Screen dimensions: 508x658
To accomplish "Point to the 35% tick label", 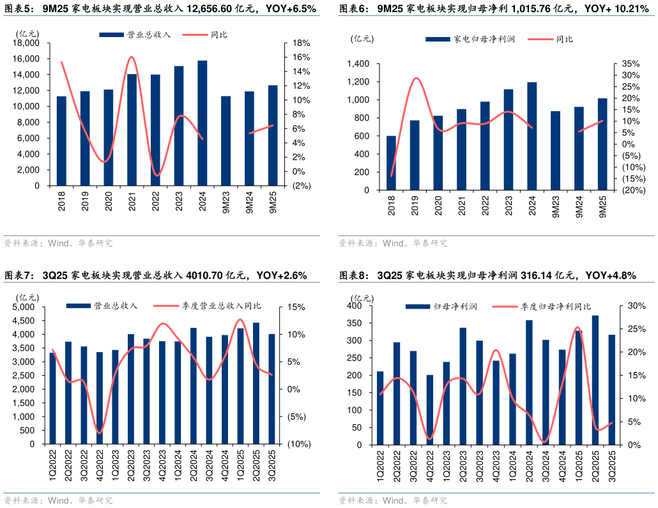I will tap(630, 64).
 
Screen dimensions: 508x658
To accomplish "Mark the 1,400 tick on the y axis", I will tap(359, 64).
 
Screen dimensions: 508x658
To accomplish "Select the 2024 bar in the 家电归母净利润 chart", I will tap(532, 136).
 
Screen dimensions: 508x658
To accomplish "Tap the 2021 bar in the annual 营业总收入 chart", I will tap(132, 130).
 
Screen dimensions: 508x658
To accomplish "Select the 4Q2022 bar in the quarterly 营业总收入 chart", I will tap(100, 397).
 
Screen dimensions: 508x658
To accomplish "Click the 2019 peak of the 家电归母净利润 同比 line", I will tap(415, 78).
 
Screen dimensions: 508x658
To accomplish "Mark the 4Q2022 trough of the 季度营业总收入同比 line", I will tap(100, 433).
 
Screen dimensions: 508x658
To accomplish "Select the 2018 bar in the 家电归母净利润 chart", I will tap(391, 163).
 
